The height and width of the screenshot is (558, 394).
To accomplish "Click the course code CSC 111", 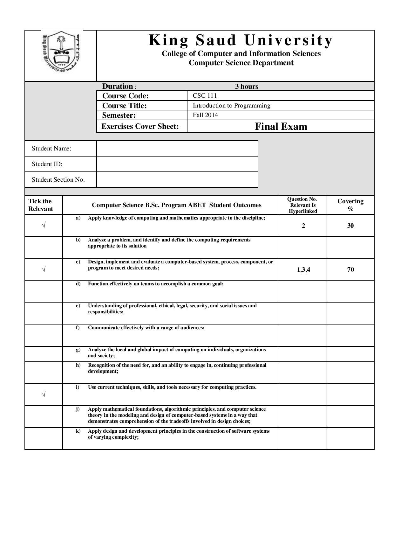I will point(205,95).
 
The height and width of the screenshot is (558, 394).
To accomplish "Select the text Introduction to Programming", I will point(231,105).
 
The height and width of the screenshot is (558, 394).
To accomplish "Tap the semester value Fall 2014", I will point(205,115).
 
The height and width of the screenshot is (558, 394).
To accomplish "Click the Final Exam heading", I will point(281,126).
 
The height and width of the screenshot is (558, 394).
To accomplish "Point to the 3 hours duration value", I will point(247,86).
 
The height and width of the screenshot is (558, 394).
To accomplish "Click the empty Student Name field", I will point(177,149).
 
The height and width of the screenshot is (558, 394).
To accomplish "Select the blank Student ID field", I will point(177,164).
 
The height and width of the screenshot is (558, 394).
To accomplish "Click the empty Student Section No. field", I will point(177,180).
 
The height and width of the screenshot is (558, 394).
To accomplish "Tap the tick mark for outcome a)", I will point(44,226).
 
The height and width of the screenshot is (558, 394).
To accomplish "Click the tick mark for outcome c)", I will point(44,269).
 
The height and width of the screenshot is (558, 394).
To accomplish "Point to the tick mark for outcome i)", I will point(44,394).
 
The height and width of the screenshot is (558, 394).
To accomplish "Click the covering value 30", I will point(350,226).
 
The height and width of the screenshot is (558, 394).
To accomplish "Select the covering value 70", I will point(350,269).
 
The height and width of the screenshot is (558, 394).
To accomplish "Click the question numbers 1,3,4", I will point(303,269).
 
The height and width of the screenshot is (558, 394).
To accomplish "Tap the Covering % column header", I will point(350,205).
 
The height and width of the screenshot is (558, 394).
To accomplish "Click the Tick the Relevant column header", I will point(40,205).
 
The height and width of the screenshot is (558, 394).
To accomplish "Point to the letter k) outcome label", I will point(78,431).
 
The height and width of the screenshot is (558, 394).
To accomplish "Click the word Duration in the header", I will point(118,86).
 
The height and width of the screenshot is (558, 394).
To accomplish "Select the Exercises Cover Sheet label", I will point(140,126).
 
